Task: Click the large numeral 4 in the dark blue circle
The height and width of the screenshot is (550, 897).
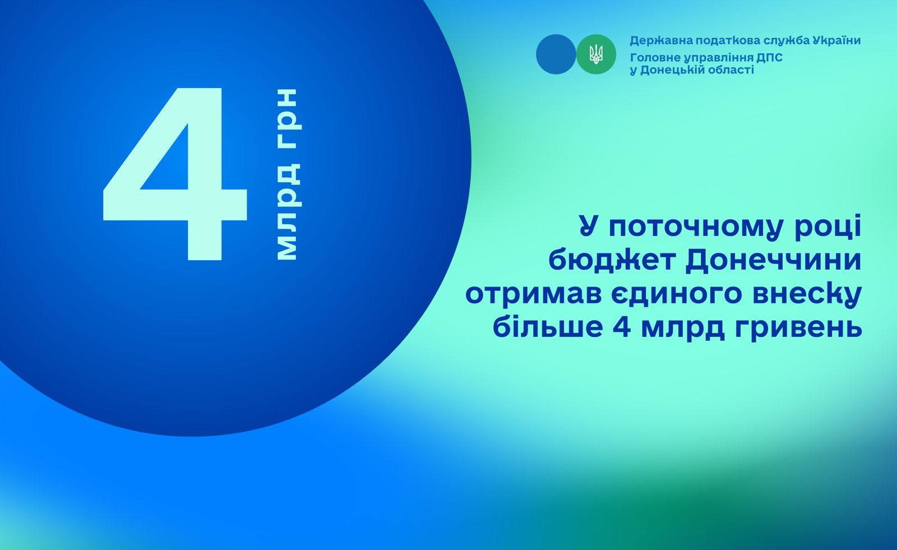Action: (175, 174)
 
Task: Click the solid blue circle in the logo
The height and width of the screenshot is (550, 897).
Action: (556, 54)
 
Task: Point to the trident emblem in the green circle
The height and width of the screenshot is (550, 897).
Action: (597, 54)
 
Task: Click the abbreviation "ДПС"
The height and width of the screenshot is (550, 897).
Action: (769, 58)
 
